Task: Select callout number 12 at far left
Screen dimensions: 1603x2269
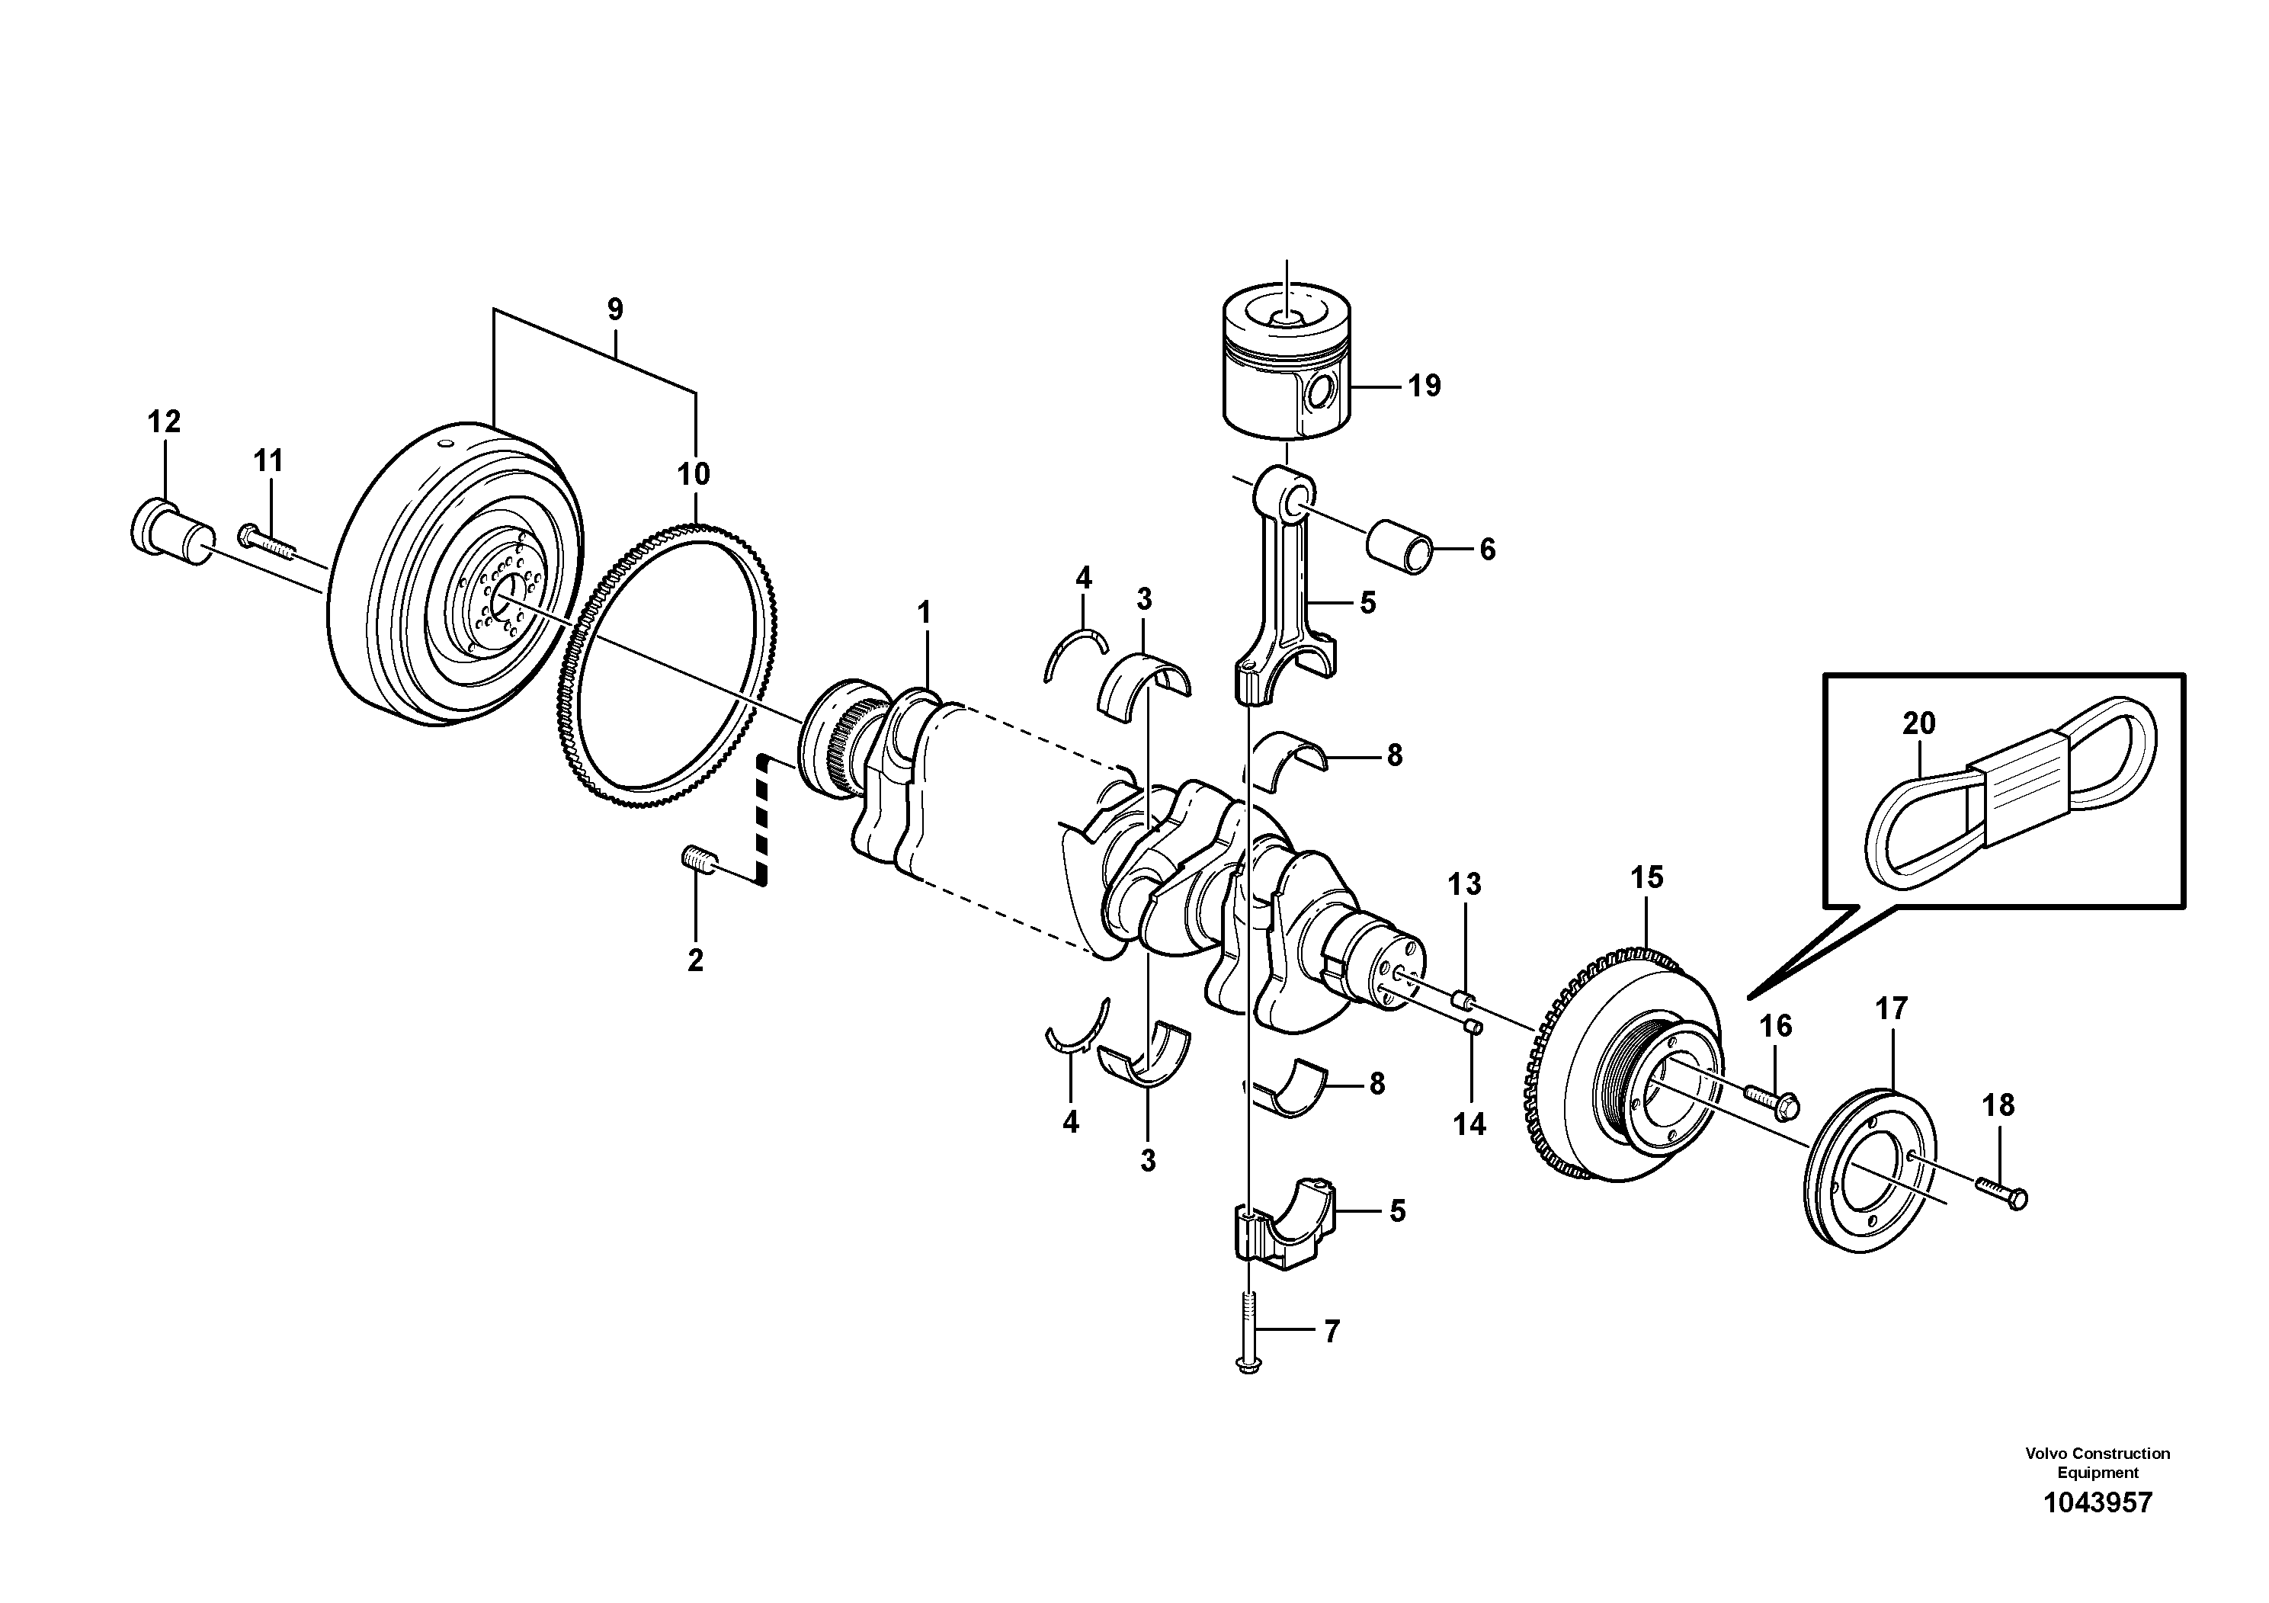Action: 164,422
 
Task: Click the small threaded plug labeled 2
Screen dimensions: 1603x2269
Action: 697,861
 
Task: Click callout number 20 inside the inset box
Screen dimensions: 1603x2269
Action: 1918,723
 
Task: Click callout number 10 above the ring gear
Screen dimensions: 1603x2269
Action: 694,474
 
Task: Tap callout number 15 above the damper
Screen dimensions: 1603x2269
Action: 1646,877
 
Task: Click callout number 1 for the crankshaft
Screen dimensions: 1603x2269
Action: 924,614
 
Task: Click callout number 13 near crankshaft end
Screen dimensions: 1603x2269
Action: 1465,883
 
